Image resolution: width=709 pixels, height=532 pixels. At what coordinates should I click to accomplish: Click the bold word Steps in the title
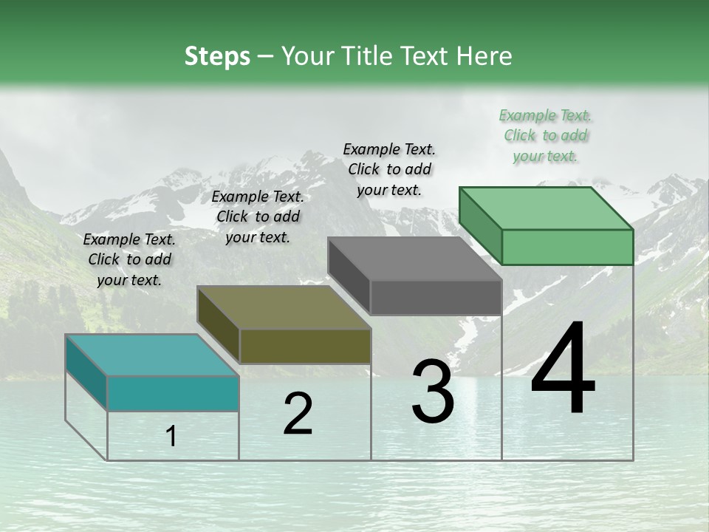pos(217,56)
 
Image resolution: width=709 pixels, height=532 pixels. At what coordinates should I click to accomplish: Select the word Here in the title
pos(484,56)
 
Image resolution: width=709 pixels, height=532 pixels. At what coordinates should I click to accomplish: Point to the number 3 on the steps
pos(433,392)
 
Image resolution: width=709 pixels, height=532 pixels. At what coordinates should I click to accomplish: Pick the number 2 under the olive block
pos(298,414)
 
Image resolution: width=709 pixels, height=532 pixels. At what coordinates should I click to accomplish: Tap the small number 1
pos(171,437)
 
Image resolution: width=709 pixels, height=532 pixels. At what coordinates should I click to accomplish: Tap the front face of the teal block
pos(173,393)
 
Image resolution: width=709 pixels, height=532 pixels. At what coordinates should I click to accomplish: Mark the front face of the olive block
pos(305,346)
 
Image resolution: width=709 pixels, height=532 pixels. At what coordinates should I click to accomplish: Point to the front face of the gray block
pos(436,298)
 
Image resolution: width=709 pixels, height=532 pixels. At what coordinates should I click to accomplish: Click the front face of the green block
pos(567,247)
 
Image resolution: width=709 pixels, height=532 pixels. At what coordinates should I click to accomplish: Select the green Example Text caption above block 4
pos(546,136)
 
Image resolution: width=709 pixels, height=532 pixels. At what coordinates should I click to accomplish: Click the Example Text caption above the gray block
pos(389,169)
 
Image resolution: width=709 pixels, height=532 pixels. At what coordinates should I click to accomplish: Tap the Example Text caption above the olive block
pos(258,216)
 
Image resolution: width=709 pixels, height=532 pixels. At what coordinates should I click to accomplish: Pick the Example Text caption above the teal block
pos(129,259)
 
